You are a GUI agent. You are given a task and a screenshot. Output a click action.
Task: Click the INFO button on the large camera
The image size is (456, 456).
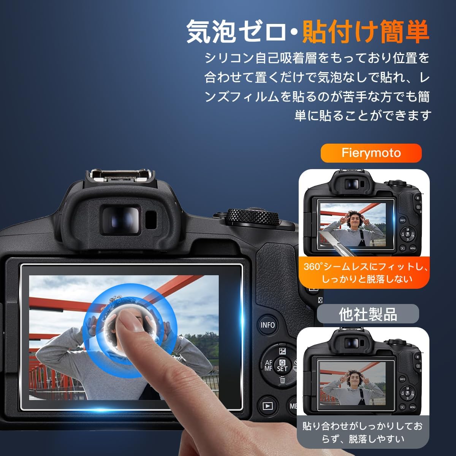(x=268, y=325)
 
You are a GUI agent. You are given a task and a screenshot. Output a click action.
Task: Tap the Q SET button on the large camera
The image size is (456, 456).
(x=282, y=366)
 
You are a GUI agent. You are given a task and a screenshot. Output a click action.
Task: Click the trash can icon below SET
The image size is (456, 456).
(x=282, y=380)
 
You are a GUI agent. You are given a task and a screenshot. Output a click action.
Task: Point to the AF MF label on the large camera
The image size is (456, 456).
(x=269, y=366)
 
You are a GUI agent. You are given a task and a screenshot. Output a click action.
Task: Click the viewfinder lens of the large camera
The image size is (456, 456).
(x=121, y=220)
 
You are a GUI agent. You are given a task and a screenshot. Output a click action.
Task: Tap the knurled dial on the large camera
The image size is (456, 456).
(x=252, y=216)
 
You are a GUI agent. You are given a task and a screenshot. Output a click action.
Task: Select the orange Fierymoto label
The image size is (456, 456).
(x=371, y=153)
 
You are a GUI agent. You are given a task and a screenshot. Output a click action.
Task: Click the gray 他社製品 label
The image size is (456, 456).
(x=368, y=314)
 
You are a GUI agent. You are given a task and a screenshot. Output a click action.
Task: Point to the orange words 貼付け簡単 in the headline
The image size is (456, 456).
(x=366, y=32)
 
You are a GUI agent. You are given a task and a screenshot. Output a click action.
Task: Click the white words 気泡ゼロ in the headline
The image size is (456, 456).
(x=236, y=32)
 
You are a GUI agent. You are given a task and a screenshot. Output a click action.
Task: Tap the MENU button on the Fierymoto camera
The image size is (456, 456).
(x=413, y=249)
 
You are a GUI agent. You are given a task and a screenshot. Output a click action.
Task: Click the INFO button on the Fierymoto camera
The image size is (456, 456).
(x=402, y=220)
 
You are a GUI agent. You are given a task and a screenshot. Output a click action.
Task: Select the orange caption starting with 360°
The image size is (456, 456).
(x=366, y=273)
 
